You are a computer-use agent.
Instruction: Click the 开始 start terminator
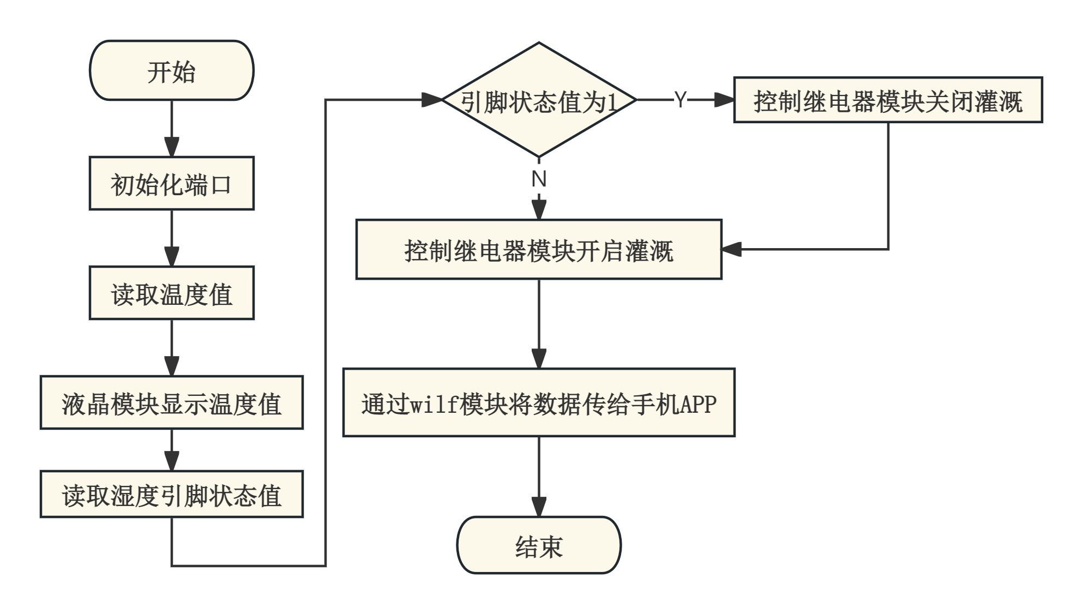(x=171, y=71)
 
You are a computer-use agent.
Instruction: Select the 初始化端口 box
(x=171, y=184)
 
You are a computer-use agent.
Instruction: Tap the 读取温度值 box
(x=171, y=293)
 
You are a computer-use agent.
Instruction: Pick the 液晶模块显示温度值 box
(x=171, y=403)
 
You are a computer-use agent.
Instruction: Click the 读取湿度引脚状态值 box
(x=171, y=495)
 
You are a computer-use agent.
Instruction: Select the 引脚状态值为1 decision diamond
(x=539, y=100)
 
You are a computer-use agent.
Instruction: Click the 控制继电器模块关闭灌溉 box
(x=888, y=100)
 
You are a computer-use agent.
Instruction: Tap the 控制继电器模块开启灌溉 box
(x=539, y=250)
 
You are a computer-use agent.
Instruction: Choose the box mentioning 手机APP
(x=539, y=403)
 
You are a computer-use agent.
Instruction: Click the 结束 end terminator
(x=539, y=545)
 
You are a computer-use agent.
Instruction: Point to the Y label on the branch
(x=680, y=100)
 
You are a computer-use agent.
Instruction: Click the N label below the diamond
(x=539, y=179)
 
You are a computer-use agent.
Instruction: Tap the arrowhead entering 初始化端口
(x=172, y=147)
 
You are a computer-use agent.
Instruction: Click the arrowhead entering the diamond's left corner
(x=432, y=100)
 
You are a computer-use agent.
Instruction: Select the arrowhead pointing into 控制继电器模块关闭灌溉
(x=724, y=100)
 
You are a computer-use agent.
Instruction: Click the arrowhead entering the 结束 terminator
(x=539, y=507)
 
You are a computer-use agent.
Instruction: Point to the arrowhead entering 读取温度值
(x=172, y=257)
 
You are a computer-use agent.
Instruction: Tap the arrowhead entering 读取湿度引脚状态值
(x=172, y=461)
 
